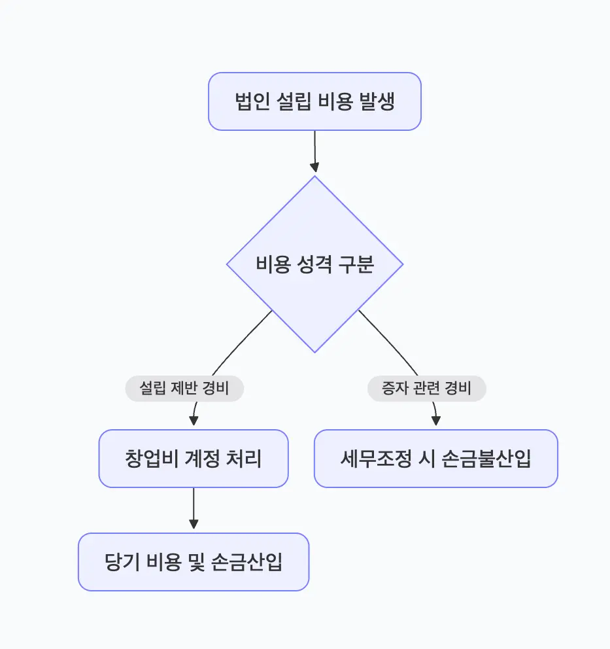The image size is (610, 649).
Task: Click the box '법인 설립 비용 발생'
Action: [314, 101]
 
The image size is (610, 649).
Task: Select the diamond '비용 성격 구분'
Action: [314, 264]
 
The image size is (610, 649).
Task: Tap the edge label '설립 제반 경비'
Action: [184, 389]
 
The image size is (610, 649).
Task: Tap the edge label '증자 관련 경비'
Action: [426, 389]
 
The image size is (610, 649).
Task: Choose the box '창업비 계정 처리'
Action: [194, 459]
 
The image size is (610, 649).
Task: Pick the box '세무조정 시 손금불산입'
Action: [435, 459]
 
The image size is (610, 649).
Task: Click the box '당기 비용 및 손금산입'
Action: [194, 562]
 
